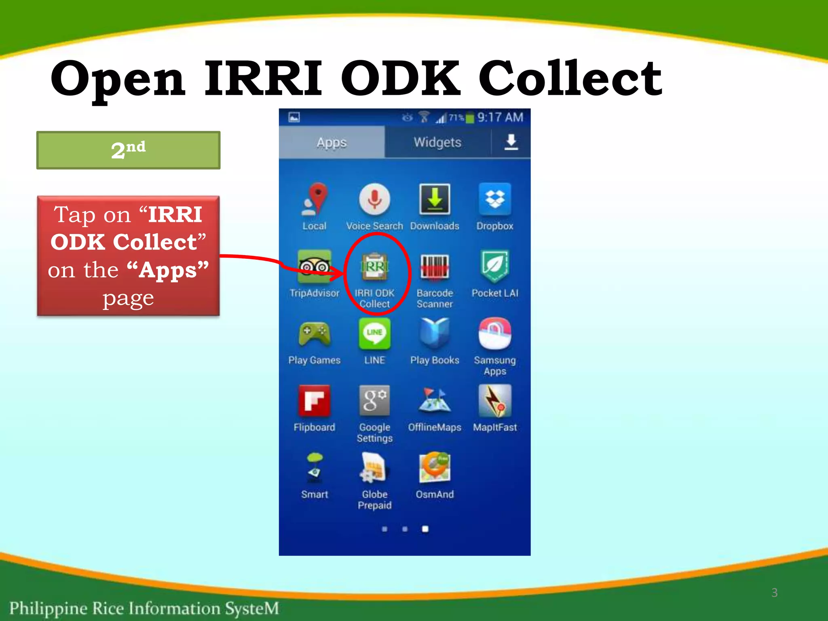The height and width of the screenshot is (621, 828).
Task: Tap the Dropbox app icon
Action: pyautogui.click(x=494, y=199)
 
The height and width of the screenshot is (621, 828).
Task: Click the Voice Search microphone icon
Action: pyautogui.click(x=374, y=199)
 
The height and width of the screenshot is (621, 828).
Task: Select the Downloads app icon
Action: pyautogui.click(x=435, y=199)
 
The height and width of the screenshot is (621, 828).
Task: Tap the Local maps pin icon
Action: pyautogui.click(x=315, y=199)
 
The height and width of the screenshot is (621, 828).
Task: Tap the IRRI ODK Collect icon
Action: pyautogui.click(x=374, y=267)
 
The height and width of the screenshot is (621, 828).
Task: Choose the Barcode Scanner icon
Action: pyautogui.click(x=435, y=267)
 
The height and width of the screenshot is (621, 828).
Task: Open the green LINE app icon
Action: pyautogui.click(x=374, y=334)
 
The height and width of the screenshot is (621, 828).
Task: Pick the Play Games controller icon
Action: pyautogui.click(x=314, y=334)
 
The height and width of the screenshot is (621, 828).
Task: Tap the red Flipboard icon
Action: pyautogui.click(x=314, y=401)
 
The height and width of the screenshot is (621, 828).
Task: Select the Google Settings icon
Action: pyautogui.click(x=374, y=401)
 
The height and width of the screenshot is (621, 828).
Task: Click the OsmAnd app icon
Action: pyautogui.click(x=435, y=468)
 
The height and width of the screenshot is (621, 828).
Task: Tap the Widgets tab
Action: pyautogui.click(x=437, y=142)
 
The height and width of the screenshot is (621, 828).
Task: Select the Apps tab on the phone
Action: pyautogui.click(x=332, y=142)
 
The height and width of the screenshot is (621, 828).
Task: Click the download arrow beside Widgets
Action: pyautogui.click(x=511, y=142)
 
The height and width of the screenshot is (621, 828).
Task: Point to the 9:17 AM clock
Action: pyautogui.click(x=500, y=117)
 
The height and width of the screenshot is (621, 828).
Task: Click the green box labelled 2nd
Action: pyautogui.click(x=128, y=150)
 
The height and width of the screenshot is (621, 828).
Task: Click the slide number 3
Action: pyautogui.click(x=774, y=593)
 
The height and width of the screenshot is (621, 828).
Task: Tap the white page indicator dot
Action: pyautogui.click(x=425, y=529)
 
